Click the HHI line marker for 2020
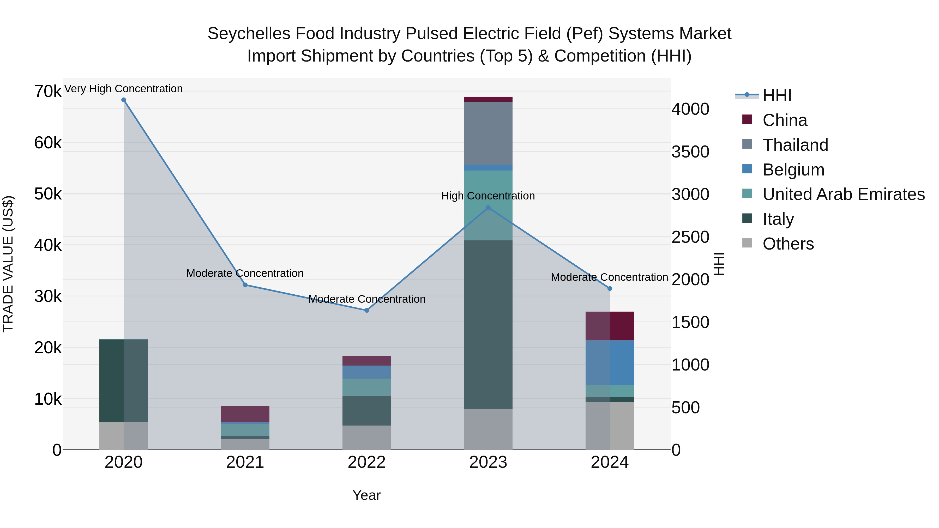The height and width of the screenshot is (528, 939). [x=124, y=100]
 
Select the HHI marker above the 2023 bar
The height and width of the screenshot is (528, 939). [x=488, y=208]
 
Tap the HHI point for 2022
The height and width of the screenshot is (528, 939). [x=367, y=311]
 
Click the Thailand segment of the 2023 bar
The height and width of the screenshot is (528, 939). [x=488, y=133]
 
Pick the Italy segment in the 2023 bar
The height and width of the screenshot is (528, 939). [x=488, y=324]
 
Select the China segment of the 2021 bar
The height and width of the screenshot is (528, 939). [x=245, y=414]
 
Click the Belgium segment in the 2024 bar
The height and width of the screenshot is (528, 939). [x=610, y=363]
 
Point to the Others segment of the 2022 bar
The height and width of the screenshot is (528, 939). [x=367, y=437]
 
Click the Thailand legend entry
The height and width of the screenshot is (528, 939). [x=795, y=145]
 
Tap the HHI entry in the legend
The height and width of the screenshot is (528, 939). [x=777, y=95]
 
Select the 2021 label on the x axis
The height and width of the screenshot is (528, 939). [x=245, y=462]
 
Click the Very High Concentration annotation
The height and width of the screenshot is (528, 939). [x=124, y=89]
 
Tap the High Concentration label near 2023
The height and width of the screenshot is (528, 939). [x=488, y=196]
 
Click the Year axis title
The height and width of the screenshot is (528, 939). [x=366, y=495]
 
